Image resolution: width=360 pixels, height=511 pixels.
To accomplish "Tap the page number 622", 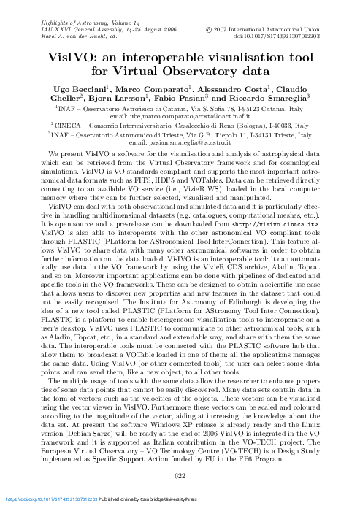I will (180, 474).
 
